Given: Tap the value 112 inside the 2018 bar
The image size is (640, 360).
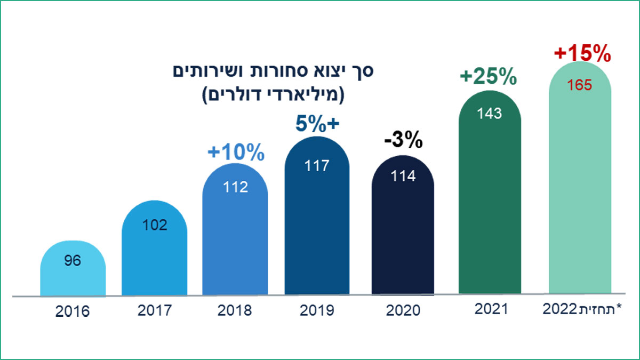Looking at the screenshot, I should coord(235,188).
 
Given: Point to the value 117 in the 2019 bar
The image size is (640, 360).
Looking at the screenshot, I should coord(317,166).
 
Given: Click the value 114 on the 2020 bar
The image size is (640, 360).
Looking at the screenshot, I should coord(403,176).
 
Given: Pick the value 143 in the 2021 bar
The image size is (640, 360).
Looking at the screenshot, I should coord(490,113).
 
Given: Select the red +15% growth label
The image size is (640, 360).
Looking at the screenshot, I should coord(581,54).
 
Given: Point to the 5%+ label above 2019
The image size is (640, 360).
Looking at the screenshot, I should coord(318,124).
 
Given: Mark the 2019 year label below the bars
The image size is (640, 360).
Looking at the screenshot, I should coord(317,310).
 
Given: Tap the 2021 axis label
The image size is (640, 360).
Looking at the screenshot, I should coord(490,308).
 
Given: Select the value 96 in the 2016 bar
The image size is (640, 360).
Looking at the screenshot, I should coord(73,262).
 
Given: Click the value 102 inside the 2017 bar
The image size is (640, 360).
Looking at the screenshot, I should coord(155,225).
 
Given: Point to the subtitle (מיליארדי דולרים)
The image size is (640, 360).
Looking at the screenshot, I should coord(274,96).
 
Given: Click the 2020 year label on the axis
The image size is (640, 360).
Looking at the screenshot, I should coord(403,310).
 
